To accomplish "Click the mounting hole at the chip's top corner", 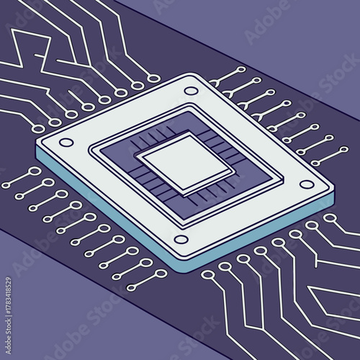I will pos(190,91).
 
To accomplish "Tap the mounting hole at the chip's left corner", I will pos(66,143).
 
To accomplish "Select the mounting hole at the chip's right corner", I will pos(307,184).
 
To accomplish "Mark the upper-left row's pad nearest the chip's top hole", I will pos(153,78).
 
